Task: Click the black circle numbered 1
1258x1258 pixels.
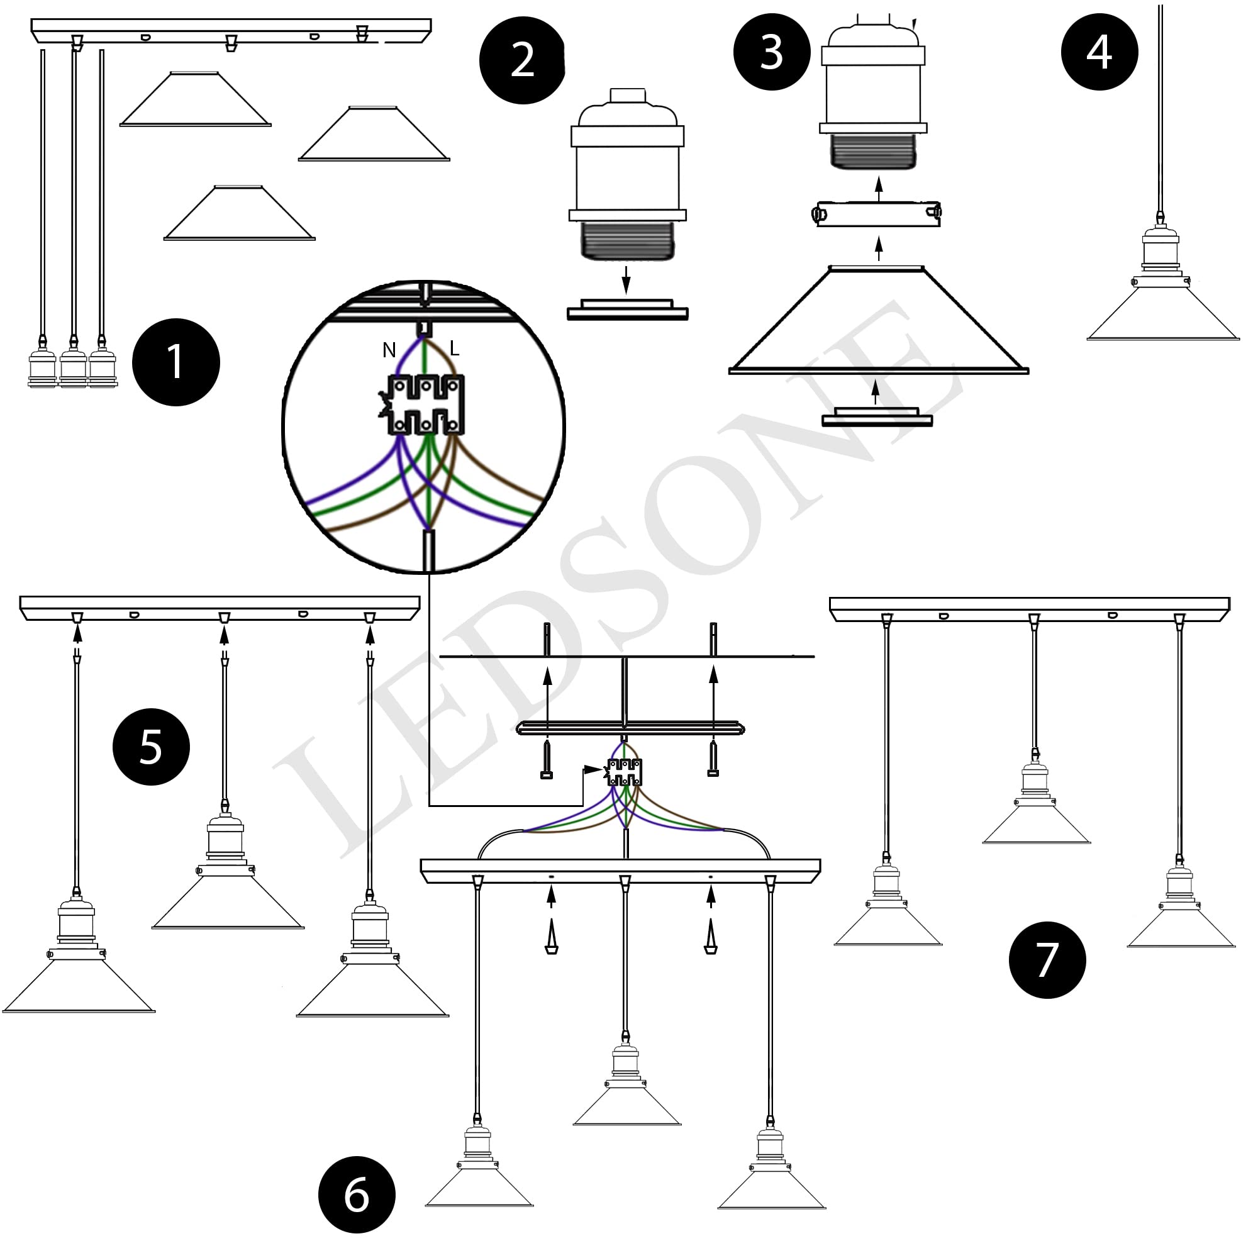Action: [176, 362]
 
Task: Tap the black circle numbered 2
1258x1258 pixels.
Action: [522, 60]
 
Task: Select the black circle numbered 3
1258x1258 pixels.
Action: [772, 52]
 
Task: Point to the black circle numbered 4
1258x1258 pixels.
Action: [1099, 52]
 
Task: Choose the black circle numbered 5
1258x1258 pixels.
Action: [151, 746]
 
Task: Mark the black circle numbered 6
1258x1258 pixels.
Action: [357, 1195]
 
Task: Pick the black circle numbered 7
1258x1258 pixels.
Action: [1047, 960]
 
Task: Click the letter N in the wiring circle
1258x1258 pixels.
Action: [389, 350]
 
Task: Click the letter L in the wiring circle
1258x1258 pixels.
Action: [454, 348]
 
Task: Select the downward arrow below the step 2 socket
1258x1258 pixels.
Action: [626, 279]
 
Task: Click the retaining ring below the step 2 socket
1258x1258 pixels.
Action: [627, 310]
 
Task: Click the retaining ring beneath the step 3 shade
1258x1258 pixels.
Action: [877, 417]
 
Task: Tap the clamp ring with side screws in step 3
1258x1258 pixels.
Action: [877, 214]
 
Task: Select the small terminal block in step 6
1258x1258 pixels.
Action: [625, 772]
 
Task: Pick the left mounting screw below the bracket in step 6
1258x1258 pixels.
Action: [547, 759]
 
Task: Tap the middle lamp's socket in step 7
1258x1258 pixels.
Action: [1035, 779]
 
